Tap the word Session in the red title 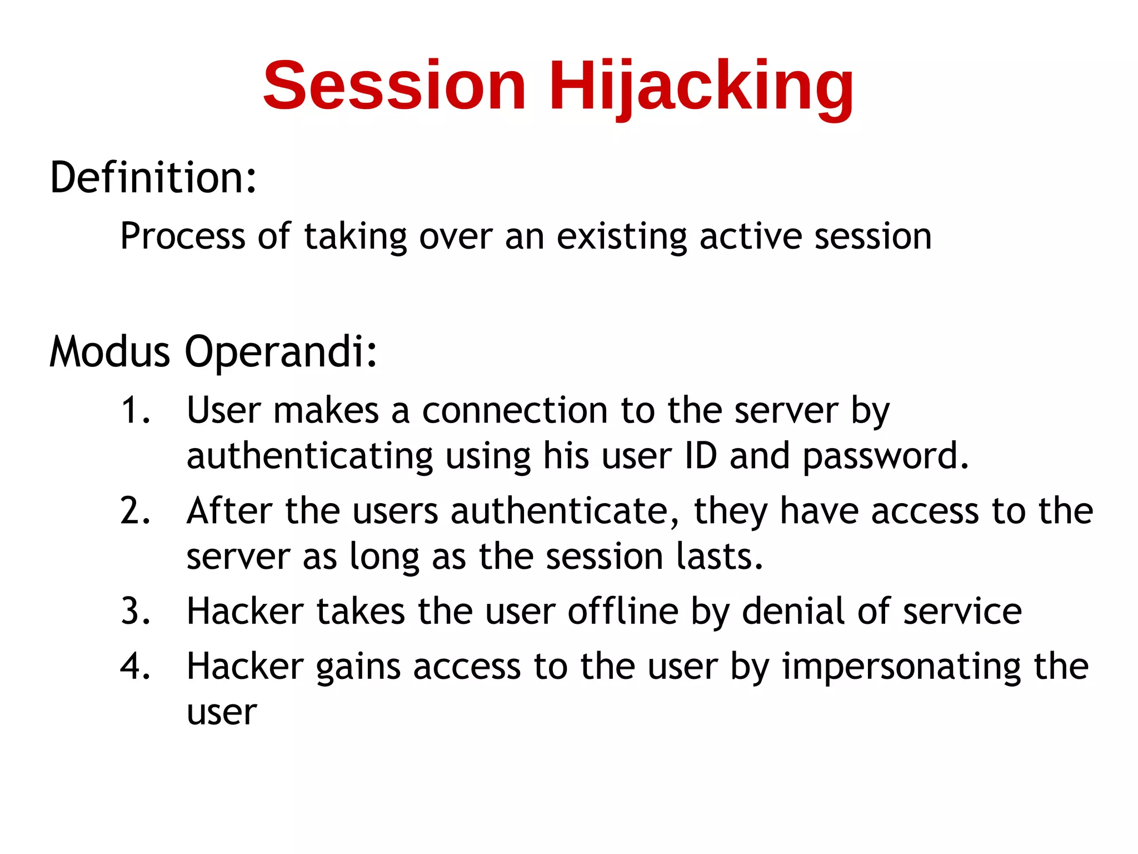395,86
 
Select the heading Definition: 153,177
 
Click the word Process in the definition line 182,236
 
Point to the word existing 622,236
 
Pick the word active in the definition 750,236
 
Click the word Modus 109,352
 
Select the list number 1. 135,411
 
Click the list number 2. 135,511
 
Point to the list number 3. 135,611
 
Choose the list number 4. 135,667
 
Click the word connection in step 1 515,411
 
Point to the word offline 623,611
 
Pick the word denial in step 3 793,611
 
